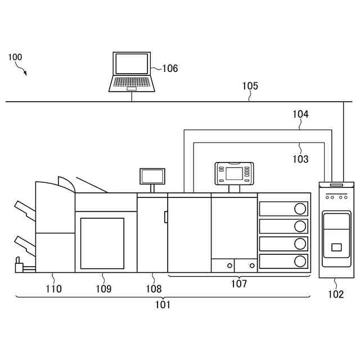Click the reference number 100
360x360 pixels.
[x=16, y=57]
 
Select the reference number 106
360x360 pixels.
[x=170, y=69]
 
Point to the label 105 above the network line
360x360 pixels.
[x=250, y=86]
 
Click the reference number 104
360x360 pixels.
[x=300, y=114]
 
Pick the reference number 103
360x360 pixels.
[x=300, y=159]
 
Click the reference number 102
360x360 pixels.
[x=336, y=294]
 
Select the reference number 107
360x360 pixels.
[x=239, y=284]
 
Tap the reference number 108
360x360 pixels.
[x=154, y=289]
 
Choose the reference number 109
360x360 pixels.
[x=103, y=289]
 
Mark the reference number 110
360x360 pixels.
[x=54, y=289]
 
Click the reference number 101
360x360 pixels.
[x=163, y=305]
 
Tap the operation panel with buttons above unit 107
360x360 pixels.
[x=234, y=173]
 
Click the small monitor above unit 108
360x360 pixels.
[x=152, y=176]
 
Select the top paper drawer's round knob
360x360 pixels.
[x=300, y=209]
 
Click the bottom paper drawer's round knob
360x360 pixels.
[x=300, y=261]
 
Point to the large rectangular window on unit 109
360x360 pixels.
[x=102, y=244]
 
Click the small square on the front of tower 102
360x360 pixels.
[x=336, y=247]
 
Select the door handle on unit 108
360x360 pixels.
[x=166, y=217]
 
